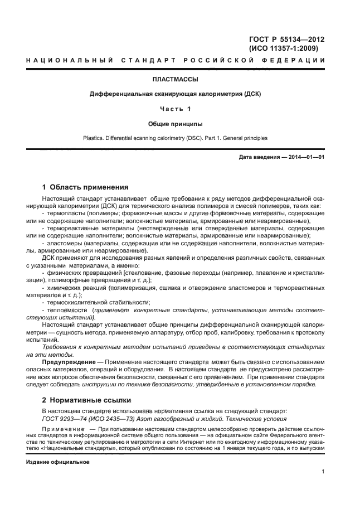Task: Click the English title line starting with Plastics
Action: click(175, 137)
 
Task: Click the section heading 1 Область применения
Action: click(86, 187)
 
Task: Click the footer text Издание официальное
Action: click(58, 463)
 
